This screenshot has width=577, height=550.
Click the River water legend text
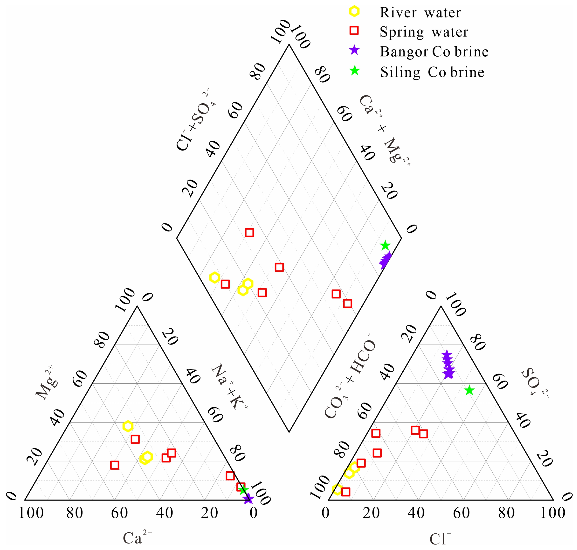(420, 13)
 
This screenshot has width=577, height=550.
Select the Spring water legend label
(423, 32)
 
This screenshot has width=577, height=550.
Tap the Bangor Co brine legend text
(434, 52)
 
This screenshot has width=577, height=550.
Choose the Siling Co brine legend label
(432, 72)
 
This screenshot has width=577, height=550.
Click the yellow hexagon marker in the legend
(354, 11)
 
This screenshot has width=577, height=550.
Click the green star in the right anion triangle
(469, 390)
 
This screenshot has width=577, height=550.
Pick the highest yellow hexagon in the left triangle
(128, 426)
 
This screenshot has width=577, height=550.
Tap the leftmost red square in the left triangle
(114, 465)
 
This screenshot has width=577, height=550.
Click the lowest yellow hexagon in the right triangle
(337, 489)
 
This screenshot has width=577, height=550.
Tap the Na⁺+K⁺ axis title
(229, 387)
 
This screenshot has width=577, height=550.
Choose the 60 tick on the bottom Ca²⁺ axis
(119, 513)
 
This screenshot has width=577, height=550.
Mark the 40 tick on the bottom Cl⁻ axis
(416, 513)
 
